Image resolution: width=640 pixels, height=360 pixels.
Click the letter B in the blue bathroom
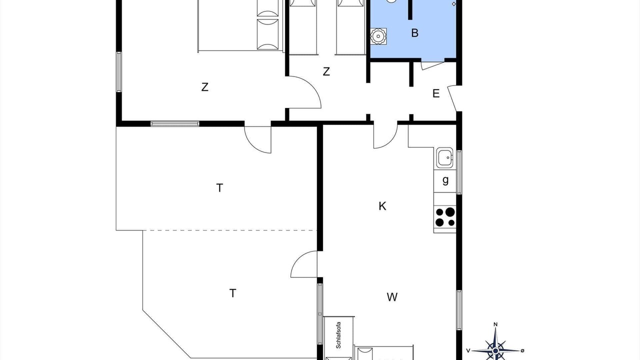[x=414, y=33]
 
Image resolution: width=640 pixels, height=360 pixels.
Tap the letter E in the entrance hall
[x=435, y=93]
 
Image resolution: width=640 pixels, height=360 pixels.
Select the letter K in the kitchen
[x=382, y=206]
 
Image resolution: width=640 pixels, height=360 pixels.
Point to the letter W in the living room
[x=392, y=297]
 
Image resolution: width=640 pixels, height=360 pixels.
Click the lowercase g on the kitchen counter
[x=445, y=180]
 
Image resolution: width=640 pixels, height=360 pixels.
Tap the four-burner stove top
[x=445, y=217]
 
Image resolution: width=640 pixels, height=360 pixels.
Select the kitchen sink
[x=445, y=157]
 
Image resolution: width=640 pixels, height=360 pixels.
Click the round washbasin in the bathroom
[x=378, y=36]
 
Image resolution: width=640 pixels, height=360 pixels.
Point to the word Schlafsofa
[x=338, y=335]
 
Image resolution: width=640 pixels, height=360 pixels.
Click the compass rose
[x=495, y=350]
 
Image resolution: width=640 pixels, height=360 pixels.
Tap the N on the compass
[x=495, y=324]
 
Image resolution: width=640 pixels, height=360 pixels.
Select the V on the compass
[x=468, y=350]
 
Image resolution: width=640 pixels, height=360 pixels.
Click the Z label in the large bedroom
[x=204, y=87]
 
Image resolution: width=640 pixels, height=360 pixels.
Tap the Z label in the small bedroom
[x=326, y=71]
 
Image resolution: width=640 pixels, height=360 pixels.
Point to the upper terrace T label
[x=219, y=188]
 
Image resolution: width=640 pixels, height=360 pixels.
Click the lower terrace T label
[x=232, y=293]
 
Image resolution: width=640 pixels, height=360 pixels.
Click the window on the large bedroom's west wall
[x=119, y=71]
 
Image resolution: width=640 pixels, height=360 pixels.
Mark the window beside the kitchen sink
[x=459, y=172]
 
